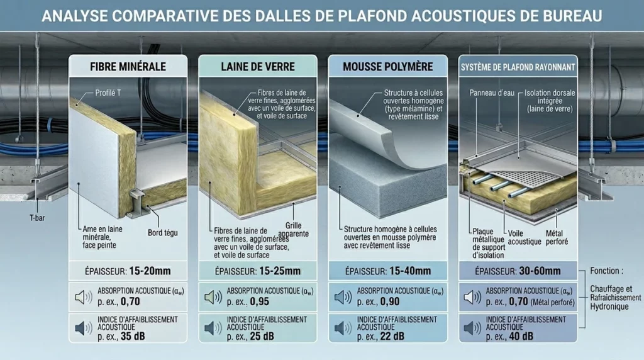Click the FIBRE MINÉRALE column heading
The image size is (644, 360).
tap(128, 67)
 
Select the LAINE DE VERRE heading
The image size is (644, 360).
tap(257, 67)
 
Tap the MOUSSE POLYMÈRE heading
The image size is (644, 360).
tap(387, 67)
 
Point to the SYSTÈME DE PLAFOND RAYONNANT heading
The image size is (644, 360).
tap(518, 67)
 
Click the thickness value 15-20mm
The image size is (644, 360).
tap(150, 271)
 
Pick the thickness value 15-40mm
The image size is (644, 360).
tap(410, 271)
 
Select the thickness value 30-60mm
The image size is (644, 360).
tap(540, 271)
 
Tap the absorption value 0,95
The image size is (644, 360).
tap(260, 301)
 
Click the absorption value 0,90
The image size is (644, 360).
tap(390, 301)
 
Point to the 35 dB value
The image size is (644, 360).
tap(133, 337)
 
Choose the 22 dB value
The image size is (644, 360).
tap(392, 337)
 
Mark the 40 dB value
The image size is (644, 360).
tap(521, 337)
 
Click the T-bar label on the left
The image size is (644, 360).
tap(37, 218)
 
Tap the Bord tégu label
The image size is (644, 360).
tap(163, 233)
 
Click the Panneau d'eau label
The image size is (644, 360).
tap(492, 93)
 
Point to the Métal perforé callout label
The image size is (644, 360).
tap(557, 237)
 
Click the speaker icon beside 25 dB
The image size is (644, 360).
tap(213, 328)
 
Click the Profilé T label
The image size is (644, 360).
tap(108, 93)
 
